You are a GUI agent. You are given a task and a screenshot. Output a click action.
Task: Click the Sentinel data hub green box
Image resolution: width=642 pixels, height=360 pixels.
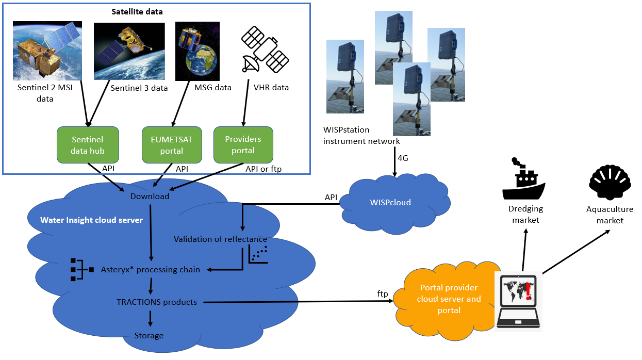(x=88, y=145)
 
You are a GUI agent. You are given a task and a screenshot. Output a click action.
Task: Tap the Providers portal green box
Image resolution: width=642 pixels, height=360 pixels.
(x=243, y=145)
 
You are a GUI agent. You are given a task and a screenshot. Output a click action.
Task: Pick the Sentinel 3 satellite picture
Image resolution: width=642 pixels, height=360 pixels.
(x=129, y=51)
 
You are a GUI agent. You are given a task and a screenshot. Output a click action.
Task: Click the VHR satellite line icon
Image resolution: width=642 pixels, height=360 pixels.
(x=264, y=50)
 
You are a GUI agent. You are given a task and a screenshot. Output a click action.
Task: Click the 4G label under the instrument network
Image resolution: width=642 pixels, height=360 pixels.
(x=403, y=158)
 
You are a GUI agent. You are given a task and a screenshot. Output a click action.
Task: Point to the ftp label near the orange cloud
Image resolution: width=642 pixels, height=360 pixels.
(x=382, y=293)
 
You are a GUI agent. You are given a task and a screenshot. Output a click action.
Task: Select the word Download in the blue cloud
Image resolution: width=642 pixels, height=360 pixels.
(x=150, y=196)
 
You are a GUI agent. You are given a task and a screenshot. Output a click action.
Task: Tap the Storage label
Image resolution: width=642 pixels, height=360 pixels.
(x=149, y=336)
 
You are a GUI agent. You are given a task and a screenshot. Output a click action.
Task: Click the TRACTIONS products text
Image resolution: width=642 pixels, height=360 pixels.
(x=156, y=302)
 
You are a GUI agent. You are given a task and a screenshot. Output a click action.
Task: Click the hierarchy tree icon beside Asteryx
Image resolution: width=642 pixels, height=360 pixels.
(x=80, y=269)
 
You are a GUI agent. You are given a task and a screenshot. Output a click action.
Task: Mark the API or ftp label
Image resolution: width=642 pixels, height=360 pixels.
(x=263, y=169)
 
